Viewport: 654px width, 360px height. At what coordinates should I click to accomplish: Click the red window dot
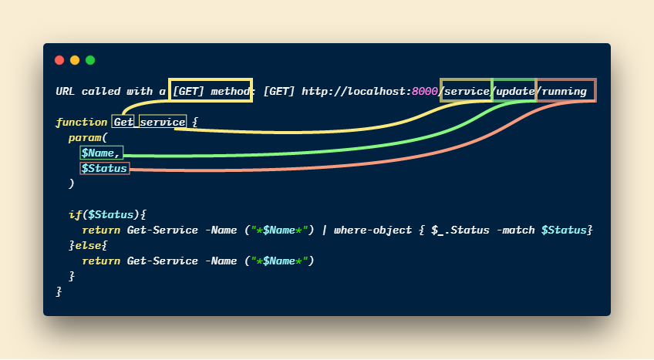[59, 60]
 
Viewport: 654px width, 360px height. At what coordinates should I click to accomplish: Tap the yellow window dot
[75, 60]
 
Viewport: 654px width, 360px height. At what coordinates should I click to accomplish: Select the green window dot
[90, 60]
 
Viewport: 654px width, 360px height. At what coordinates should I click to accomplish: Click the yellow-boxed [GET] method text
[211, 91]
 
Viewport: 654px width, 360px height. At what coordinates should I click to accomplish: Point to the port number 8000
[424, 91]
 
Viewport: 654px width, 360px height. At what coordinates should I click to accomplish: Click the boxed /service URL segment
[466, 91]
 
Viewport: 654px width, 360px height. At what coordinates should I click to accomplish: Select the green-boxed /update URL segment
[514, 91]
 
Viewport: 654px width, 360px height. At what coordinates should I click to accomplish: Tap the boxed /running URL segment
[566, 91]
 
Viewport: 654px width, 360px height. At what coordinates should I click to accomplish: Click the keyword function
[81, 122]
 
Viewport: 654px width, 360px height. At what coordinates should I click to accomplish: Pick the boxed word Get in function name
[124, 122]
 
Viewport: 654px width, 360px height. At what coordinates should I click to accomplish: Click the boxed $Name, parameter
[101, 153]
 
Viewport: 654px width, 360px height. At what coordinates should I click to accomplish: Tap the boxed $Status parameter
[104, 168]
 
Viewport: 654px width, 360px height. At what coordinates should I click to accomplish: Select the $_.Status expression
[460, 230]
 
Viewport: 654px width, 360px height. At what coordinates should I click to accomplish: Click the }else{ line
[88, 245]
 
